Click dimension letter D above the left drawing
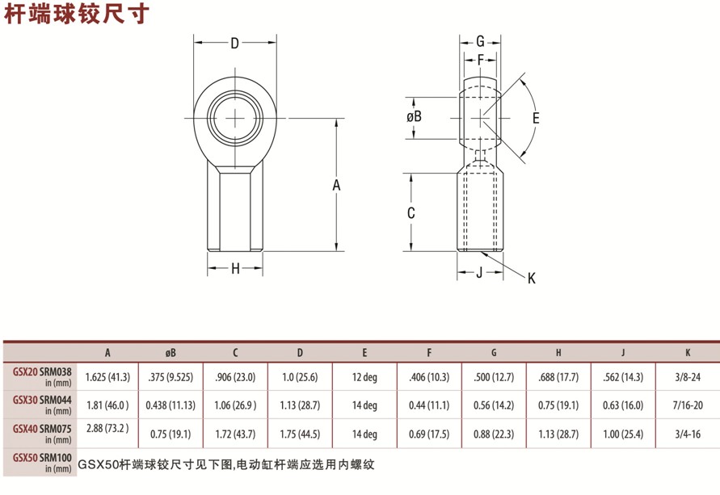click(x=235, y=44)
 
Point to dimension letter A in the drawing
click(x=336, y=186)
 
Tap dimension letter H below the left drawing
click(x=236, y=269)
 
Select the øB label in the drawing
click(x=414, y=116)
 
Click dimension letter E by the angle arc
click(x=535, y=117)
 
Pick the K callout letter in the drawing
click(x=531, y=279)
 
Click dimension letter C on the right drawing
click(x=411, y=213)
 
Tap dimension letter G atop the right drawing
click(x=480, y=41)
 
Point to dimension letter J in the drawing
click(x=479, y=273)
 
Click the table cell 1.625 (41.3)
click(x=107, y=376)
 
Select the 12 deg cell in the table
click(x=364, y=376)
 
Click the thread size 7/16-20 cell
click(x=687, y=405)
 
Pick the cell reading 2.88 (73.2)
click(x=107, y=428)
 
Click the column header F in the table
click(x=429, y=353)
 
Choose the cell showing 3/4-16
click(x=687, y=434)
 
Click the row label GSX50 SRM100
click(x=43, y=460)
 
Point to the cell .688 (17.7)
click(x=558, y=376)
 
